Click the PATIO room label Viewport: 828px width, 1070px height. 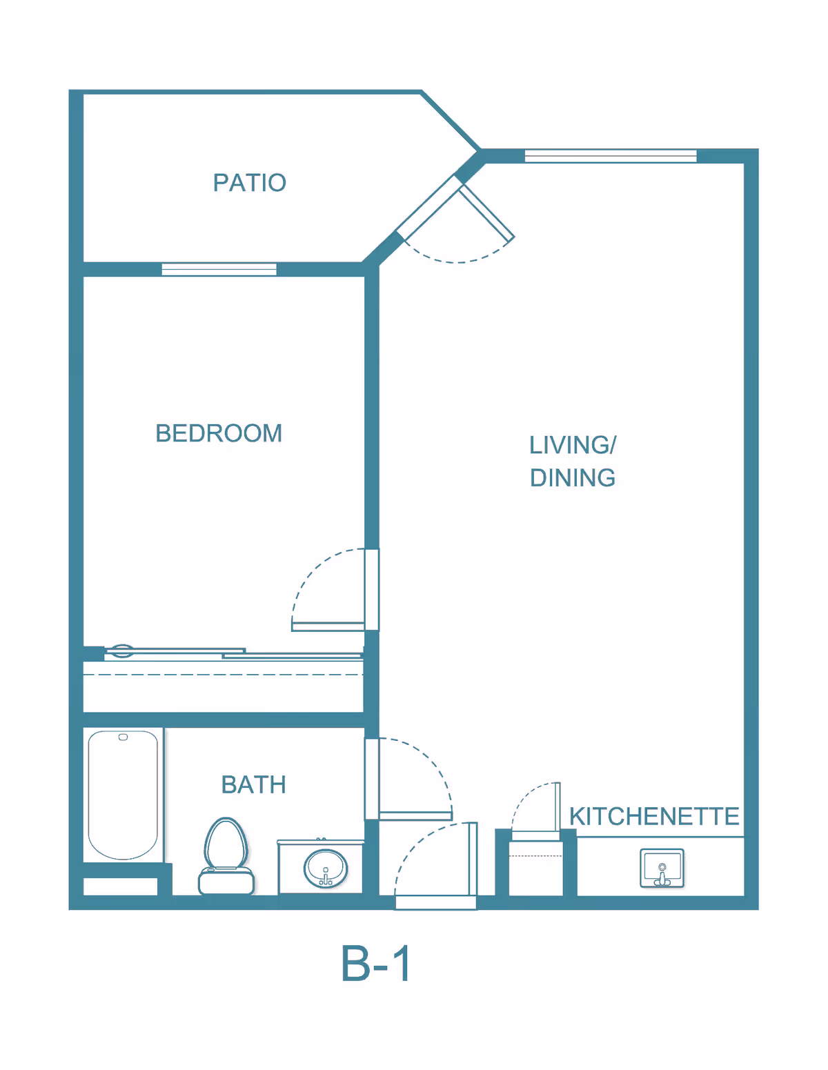(x=249, y=183)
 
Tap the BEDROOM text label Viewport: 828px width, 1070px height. (x=219, y=433)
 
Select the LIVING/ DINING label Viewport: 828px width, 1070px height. (x=572, y=461)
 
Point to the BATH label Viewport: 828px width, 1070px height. (x=253, y=785)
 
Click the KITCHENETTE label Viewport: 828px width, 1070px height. (x=653, y=816)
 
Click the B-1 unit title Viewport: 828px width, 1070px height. (x=376, y=964)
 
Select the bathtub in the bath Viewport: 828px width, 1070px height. (x=123, y=795)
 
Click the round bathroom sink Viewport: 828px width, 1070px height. (x=326, y=868)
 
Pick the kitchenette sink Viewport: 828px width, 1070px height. (x=662, y=868)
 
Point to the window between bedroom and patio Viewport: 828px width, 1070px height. (x=219, y=269)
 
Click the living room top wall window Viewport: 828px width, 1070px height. (x=611, y=156)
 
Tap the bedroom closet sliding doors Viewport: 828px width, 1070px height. (x=235, y=652)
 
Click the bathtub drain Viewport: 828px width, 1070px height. (x=123, y=737)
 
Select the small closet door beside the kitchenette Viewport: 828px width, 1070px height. (x=557, y=807)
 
